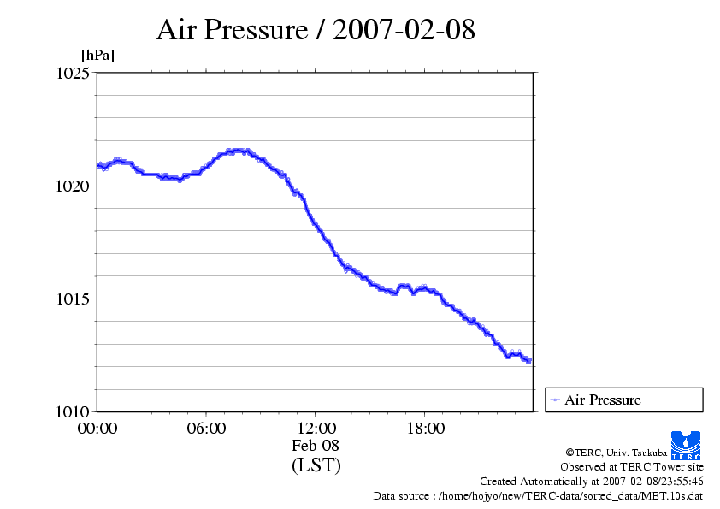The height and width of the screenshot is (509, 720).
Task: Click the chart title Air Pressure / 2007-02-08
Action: click(316, 31)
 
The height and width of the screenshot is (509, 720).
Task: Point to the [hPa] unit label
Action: click(97, 56)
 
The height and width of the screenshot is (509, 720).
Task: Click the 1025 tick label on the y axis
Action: click(73, 74)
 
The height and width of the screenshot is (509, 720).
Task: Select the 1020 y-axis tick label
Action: click(73, 186)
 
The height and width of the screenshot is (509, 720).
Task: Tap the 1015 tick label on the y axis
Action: click(73, 299)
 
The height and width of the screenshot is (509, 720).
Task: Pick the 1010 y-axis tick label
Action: click(73, 411)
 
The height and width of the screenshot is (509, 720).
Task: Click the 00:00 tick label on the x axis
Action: click(97, 429)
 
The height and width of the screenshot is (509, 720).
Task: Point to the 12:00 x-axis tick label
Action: click(316, 429)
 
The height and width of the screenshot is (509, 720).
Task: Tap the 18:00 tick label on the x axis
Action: click(425, 429)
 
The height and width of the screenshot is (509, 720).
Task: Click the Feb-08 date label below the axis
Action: click(316, 446)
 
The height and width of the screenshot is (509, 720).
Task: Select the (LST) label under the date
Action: click(316, 465)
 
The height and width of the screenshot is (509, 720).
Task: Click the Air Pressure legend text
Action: click(602, 400)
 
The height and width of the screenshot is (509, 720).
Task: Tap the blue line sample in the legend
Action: click(555, 400)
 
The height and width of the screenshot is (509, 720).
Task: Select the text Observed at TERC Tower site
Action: click(632, 467)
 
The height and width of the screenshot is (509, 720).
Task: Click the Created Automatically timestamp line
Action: click(592, 482)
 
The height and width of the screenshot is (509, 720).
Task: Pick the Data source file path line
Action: click(539, 496)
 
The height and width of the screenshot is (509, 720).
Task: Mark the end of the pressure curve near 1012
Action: click(529, 361)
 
